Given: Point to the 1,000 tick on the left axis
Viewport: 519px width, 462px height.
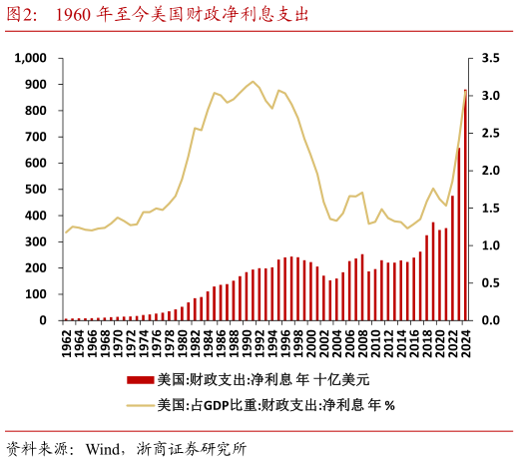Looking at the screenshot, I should coord(31,59).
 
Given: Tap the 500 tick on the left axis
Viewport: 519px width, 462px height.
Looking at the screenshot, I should coord(38,190).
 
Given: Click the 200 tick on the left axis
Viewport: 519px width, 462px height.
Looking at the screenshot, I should coord(38,268).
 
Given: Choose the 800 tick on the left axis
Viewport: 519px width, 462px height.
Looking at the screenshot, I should coord(38,111).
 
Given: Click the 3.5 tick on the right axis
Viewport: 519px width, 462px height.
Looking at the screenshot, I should coord(490,59).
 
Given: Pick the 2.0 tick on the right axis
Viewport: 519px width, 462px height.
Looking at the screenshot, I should coord(490,171).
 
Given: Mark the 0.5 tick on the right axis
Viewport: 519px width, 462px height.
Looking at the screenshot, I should coord(490,283).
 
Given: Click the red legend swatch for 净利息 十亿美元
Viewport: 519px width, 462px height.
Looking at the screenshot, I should coord(140,380).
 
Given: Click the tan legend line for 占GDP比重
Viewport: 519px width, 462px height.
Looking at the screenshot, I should coord(140,405).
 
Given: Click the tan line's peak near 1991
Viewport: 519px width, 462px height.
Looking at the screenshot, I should coord(253,82).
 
